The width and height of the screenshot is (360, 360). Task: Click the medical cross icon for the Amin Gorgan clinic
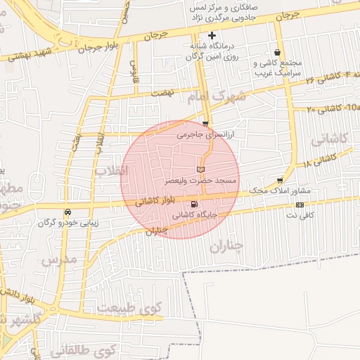pos(212,35)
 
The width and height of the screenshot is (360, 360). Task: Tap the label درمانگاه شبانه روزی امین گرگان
pos(212,50)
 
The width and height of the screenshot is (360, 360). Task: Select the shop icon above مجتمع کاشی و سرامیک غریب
pos(278,53)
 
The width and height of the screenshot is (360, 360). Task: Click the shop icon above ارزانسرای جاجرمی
pos(205,123)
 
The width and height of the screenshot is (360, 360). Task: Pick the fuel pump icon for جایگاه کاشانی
pos(194,205)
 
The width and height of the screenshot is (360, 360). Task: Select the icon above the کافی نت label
pos(300,205)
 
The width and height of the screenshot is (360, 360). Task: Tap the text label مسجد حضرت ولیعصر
pos(200,181)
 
